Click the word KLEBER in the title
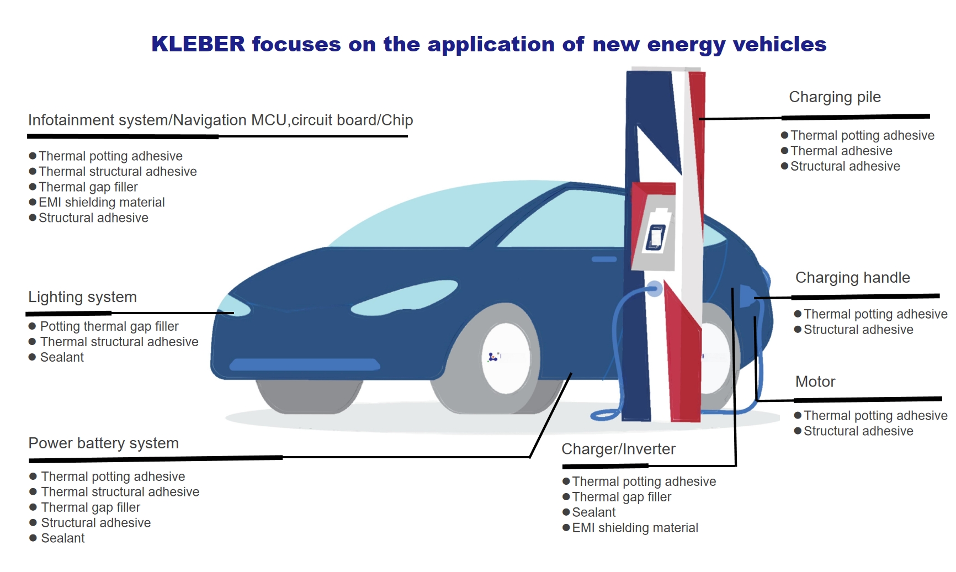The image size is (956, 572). pos(198,44)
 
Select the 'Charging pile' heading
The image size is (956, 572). pos(835,97)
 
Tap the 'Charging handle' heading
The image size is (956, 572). pos(852,278)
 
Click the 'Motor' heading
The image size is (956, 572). pos(815,382)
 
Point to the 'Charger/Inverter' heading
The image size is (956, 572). pos(618,449)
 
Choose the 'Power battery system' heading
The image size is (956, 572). pos(104,443)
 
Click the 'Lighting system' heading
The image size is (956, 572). pos(83,297)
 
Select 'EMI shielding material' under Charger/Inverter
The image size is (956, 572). pos(635,528)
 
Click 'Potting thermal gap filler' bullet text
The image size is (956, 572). pos(109,326)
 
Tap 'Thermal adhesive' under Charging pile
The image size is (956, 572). pos(841,151)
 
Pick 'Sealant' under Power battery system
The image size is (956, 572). pos(63,538)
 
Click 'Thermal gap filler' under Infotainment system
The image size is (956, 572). pos(88,187)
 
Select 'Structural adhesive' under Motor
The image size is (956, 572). pos(858,431)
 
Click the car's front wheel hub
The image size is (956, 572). pos(506,358)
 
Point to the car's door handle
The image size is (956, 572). pos(604,259)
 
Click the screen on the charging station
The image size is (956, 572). pos(656,237)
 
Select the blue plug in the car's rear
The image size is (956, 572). pos(747,297)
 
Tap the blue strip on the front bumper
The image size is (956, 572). pos(305,364)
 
